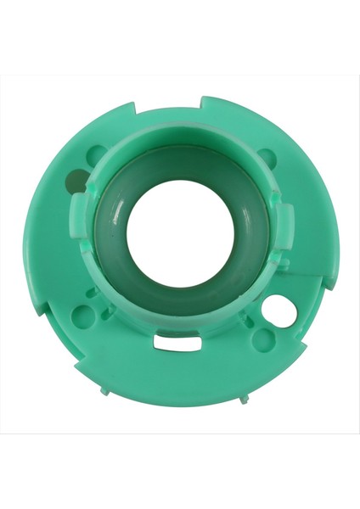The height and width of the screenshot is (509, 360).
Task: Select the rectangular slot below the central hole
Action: (176, 342)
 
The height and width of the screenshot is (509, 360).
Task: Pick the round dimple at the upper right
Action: (266, 157)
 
